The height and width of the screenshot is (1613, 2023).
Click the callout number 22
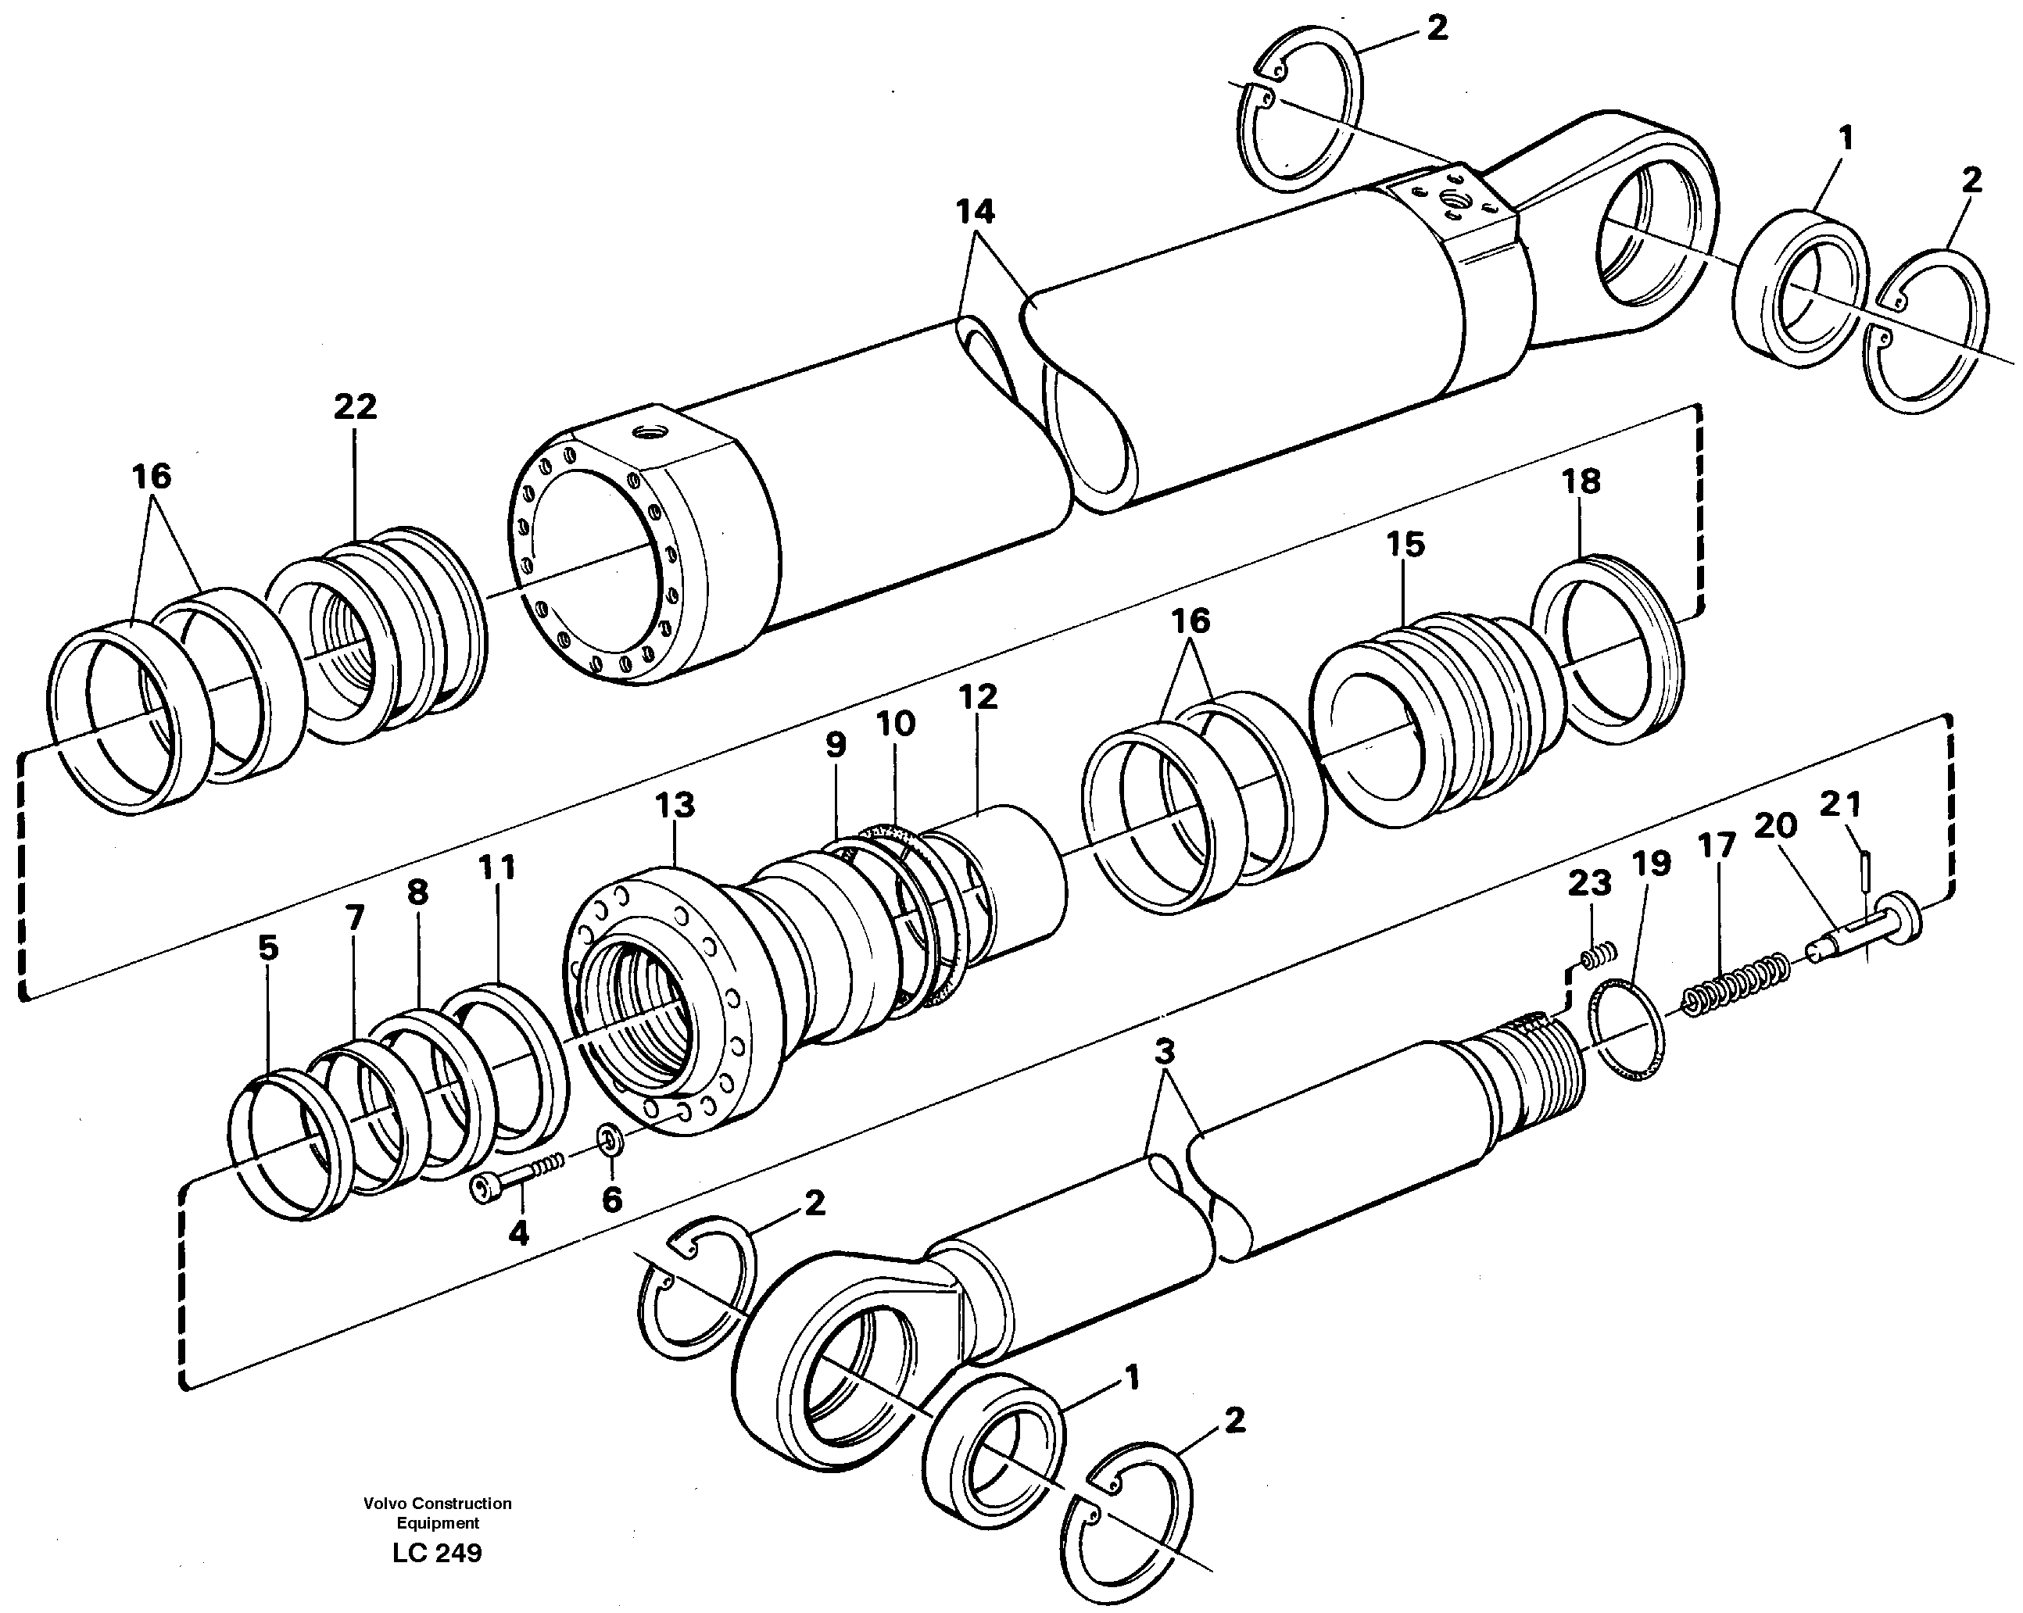pos(355,406)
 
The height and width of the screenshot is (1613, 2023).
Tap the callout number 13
pos(674,805)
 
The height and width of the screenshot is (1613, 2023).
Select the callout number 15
pos(1405,544)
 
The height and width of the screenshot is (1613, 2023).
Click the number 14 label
pos(975,212)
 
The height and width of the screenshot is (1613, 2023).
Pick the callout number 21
pos(1840,804)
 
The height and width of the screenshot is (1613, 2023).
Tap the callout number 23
pos(1589,883)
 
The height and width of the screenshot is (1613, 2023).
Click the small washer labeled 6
pos(610,1141)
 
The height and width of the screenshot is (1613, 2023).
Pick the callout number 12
pos(978,696)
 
